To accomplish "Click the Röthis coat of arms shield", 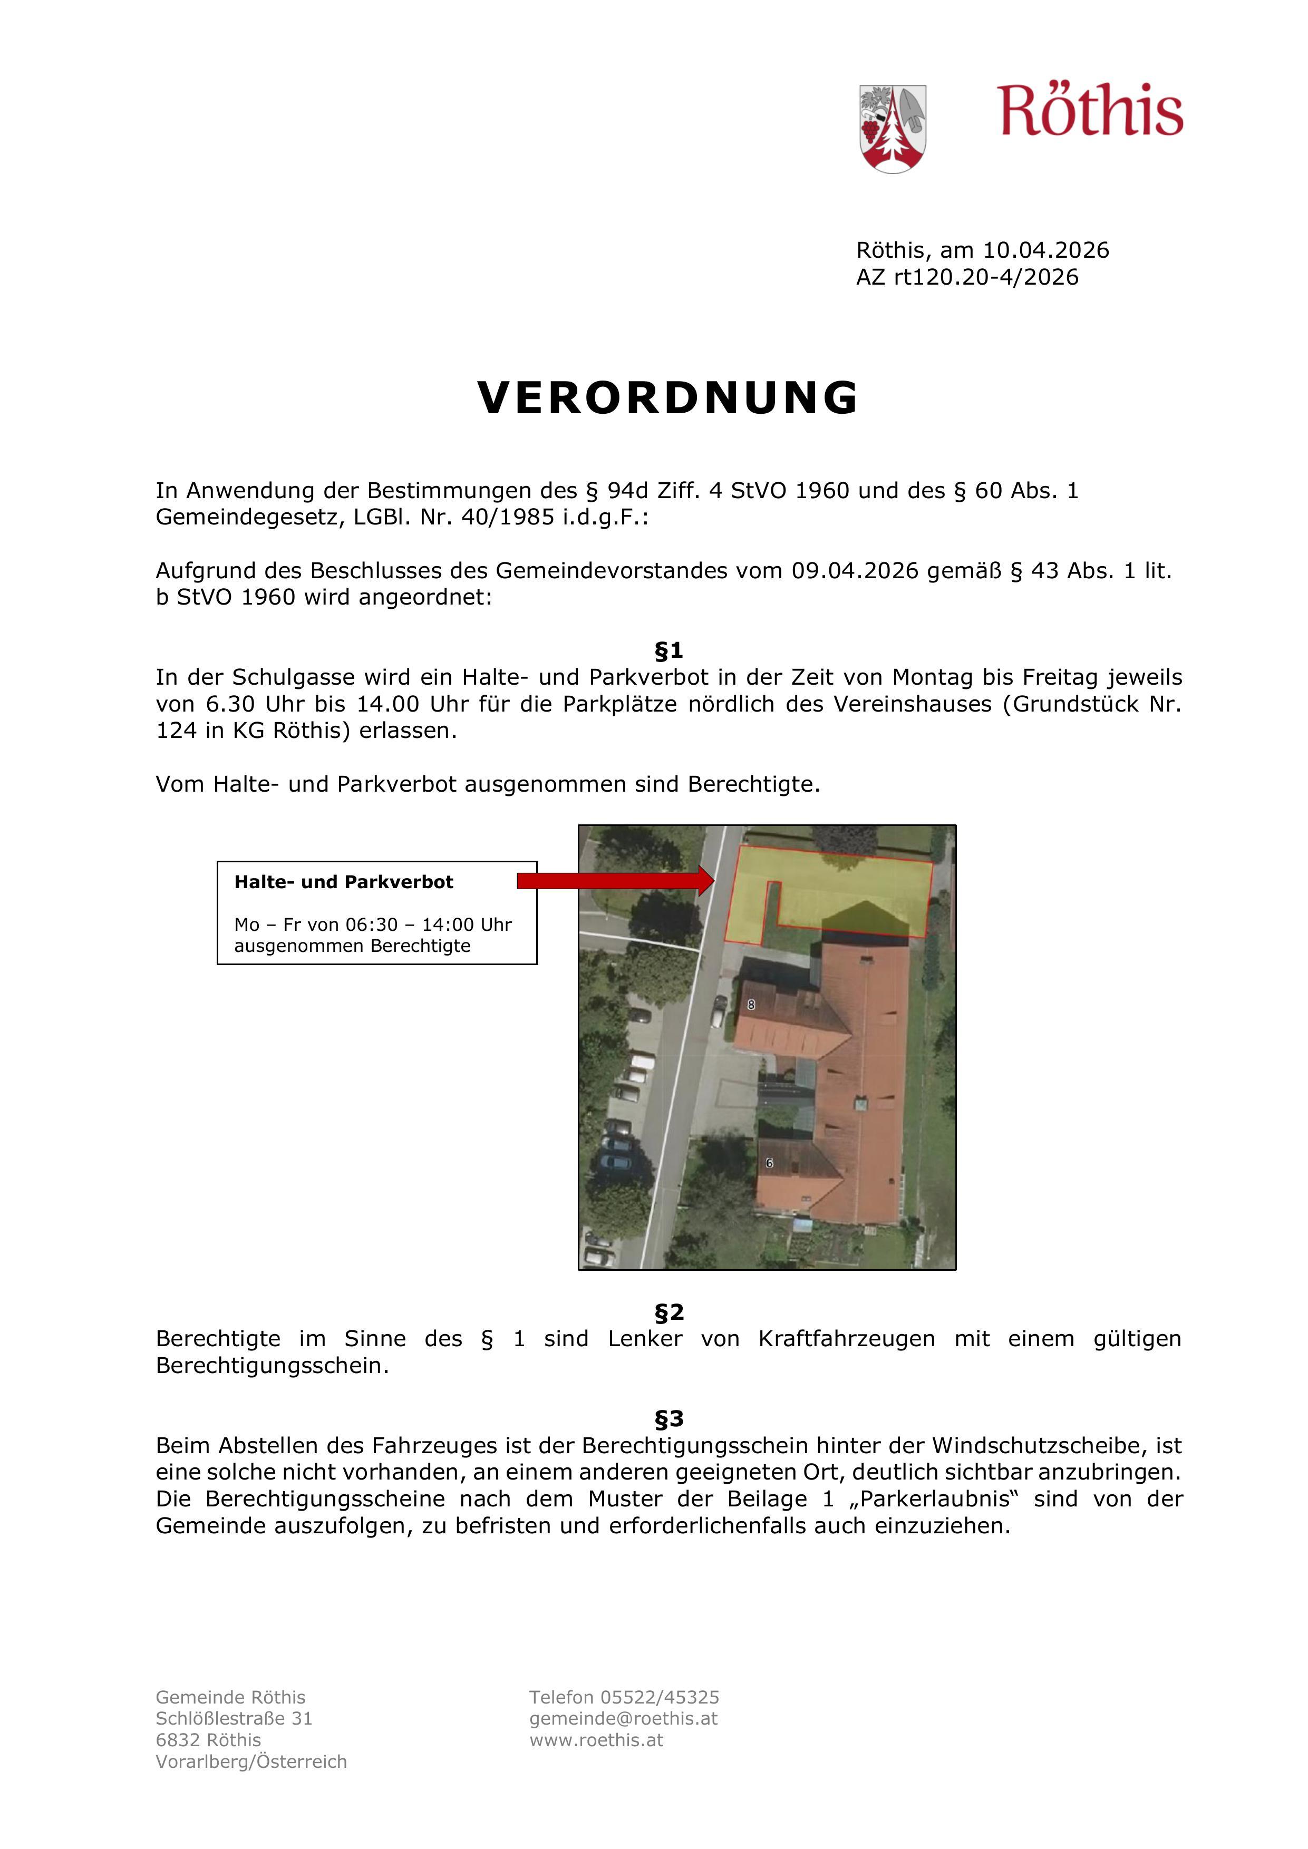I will (x=893, y=129).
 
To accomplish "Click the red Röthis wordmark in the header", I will (x=1091, y=111).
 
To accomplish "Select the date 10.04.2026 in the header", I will (x=1045, y=250).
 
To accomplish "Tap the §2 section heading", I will (x=668, y=1312).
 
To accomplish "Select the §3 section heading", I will (x=668, y=1418).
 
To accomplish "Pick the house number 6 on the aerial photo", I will (x=769, y=1163).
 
